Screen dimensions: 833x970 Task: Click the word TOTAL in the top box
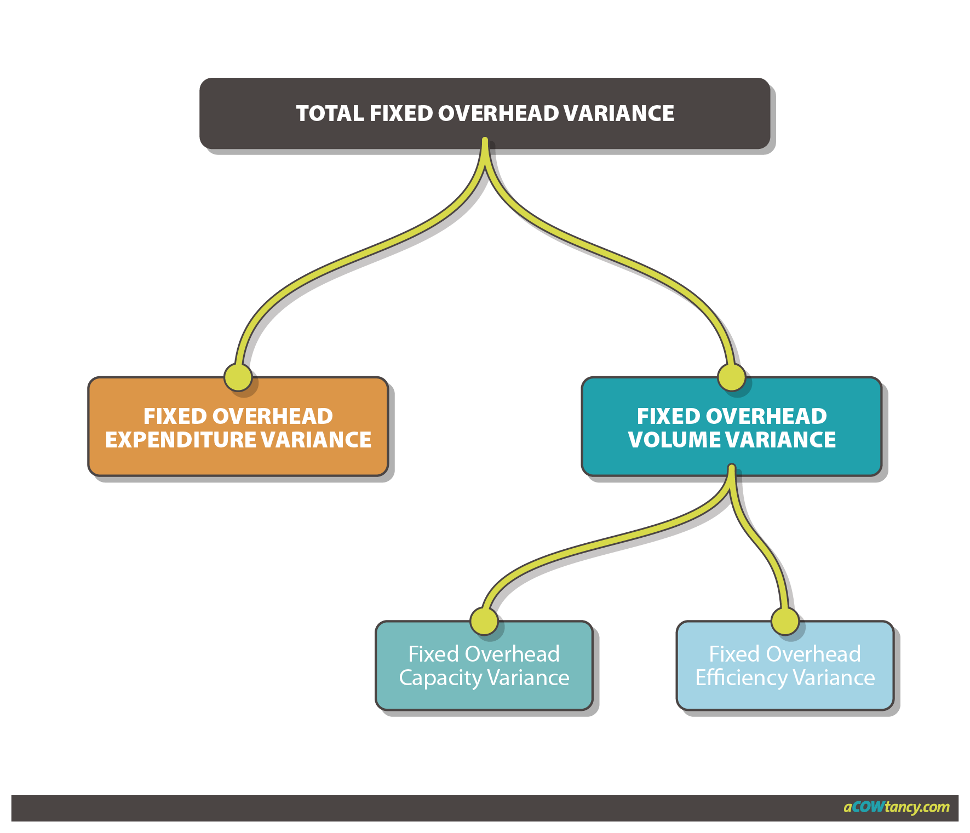(330, 113)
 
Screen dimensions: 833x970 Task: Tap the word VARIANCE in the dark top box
(619, 113)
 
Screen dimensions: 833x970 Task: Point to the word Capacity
(440, 678)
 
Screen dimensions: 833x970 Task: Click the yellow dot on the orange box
(238, 377)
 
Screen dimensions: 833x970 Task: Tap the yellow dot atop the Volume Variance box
(732, 377)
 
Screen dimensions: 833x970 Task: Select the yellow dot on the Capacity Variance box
(484, 622)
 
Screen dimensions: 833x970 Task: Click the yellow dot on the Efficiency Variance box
(785, 622)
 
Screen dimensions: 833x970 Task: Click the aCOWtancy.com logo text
(896, 807)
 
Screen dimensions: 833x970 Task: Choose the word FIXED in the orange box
(175, 416)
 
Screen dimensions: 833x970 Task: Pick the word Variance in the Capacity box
(529, 678)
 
